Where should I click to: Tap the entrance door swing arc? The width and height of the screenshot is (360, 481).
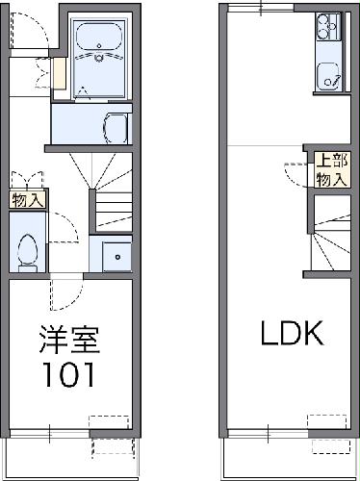click(25, 30)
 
